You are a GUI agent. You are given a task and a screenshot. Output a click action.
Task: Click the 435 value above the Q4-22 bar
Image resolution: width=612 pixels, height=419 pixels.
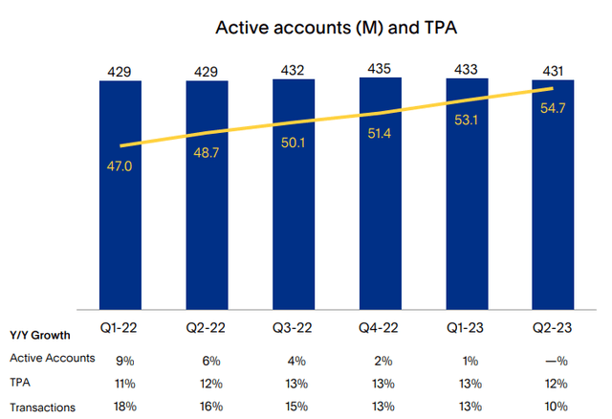(381, 70)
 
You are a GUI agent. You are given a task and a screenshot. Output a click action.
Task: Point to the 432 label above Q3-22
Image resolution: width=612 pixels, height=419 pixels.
(294, 71)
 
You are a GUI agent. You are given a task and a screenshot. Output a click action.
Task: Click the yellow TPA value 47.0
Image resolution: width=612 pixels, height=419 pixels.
(121, 165)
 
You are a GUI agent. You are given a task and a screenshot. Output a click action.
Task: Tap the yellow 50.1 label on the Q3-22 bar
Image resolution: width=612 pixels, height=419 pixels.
(294, 143)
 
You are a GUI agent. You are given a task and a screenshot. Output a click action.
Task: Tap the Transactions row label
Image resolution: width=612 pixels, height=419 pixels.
(42, 408)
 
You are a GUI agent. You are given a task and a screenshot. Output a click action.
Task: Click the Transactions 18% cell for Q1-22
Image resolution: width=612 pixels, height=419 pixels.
(121, 408)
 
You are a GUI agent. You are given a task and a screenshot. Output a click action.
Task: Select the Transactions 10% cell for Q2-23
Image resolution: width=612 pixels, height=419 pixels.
(554, 408)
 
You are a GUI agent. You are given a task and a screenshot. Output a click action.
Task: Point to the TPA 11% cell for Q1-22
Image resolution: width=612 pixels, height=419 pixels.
(121, 383)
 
